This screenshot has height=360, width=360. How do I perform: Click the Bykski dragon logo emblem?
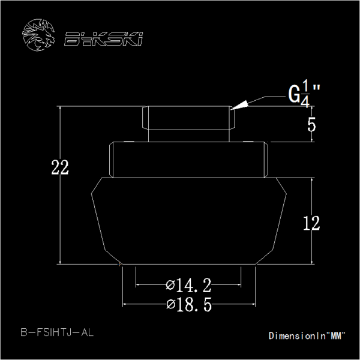pos(38,35)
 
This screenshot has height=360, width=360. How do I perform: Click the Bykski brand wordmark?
pos(103,39)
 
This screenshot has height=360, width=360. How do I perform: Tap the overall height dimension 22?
pos(60,167)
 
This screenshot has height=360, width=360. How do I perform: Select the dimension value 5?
pos(311,125)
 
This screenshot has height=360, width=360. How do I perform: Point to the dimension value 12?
pos(311,223)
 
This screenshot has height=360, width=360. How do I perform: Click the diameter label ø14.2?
pos(188,286)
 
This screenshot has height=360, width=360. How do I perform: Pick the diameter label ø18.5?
pos(189,304)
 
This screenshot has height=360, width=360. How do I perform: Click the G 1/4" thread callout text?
pos(304,94)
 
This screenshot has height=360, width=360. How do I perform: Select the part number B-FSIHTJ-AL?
pos(57,332)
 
